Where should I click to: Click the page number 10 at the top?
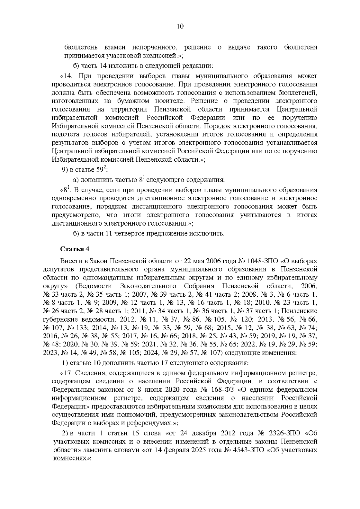pyautogui.click(x=180, y=26)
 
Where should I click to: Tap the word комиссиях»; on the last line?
pyautogui.click(x=71, y=459)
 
